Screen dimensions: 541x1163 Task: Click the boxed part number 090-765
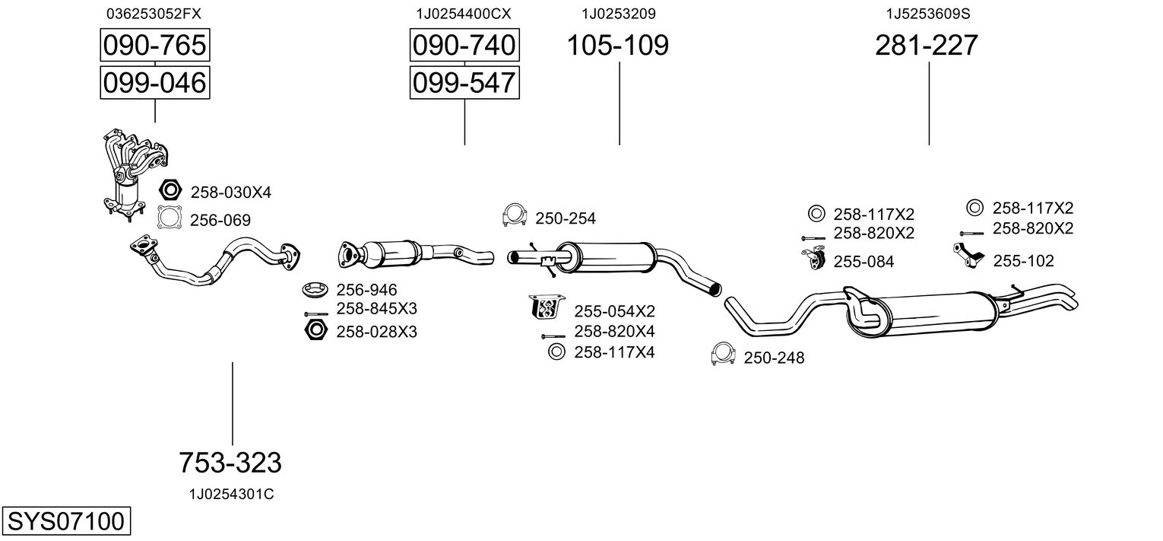[x=154, y=46]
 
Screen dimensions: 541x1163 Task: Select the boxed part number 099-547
[x=464, y=82]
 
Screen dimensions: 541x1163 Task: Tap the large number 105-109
[x=617, y=46]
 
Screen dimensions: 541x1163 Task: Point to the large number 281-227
[x=926, y=46]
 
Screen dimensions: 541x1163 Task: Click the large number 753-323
[x=230, y=462]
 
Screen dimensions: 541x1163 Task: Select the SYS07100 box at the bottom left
[x=65, y=522]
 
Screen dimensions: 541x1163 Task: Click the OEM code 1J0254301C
[x=231, y=495]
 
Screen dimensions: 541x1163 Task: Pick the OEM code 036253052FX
[x=154, y=14]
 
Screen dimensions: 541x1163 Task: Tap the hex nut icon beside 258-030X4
[x=170, y=191]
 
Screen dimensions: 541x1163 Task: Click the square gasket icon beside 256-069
[x=170, y=218]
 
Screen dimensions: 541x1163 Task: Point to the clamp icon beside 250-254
[x=515, y=216]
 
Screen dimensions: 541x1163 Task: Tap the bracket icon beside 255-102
[x=967, y=256]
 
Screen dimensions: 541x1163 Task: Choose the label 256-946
[x=366, y=290]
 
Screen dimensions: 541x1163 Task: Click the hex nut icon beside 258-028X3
[x=315, y=330]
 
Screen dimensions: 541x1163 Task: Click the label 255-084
[x=864, y=262]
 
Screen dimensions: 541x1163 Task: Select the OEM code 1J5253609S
[x=928, y=14]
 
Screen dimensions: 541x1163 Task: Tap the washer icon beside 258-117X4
[x=556, y=352]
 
